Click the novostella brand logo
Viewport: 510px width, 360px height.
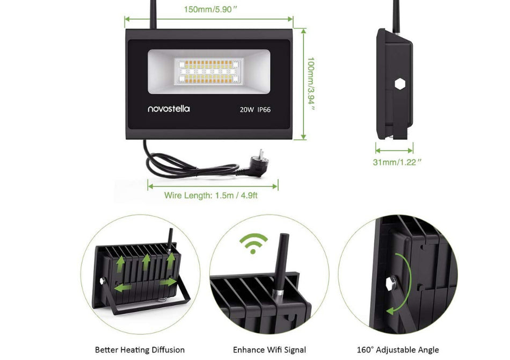[169, 109]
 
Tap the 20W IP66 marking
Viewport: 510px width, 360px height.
[255, 109]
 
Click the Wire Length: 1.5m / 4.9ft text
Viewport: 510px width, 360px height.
[211, 196]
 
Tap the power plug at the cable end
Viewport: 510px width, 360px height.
[257, 161]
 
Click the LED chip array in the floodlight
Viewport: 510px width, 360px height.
[206, 71]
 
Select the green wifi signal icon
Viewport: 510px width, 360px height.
[253, 243]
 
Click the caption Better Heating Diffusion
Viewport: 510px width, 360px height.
[140, 350]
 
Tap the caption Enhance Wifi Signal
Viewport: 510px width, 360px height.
[269, 350]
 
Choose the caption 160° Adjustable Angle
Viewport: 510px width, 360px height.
[398, 350]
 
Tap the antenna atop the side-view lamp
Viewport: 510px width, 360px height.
[396, 13]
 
